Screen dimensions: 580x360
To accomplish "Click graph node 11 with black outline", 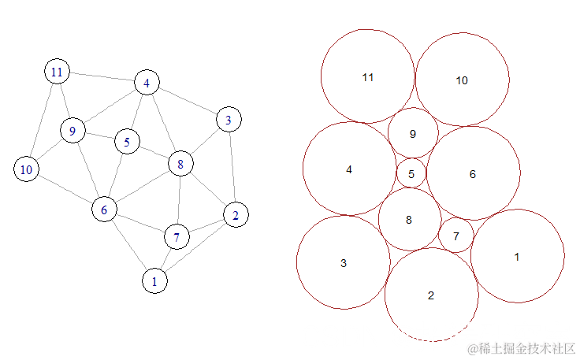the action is click(57, 72).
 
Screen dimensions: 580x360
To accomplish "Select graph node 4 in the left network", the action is click(147, 82).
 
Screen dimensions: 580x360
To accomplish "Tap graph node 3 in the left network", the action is click(229, 120).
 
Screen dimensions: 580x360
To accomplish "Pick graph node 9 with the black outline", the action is click(72, 131).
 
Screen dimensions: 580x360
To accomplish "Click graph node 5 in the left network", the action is click(126, 142).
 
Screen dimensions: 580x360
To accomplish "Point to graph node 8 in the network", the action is click(180, 164).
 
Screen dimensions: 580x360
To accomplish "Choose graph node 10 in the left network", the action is click(27, 169).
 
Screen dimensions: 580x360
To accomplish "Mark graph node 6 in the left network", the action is click(104, 210).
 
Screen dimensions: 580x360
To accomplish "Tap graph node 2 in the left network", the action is click(236, 214).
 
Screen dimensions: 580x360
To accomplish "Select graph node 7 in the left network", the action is click(177, 236).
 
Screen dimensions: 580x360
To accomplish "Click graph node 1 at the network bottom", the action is click(154, 280).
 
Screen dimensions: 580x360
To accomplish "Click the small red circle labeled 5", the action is click(411, 173).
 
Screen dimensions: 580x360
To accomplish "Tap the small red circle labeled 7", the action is click(456, 236).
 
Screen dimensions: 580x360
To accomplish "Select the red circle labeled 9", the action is click(413, 133).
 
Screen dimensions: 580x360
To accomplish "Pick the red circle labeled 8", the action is click(409, 220).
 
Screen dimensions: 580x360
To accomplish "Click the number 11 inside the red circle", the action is click(368, 77).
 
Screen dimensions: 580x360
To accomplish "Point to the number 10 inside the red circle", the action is click(462, 80).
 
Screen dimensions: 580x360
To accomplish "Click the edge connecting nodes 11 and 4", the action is click(102, 77).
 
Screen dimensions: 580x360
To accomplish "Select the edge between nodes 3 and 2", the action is click(232, 167).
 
